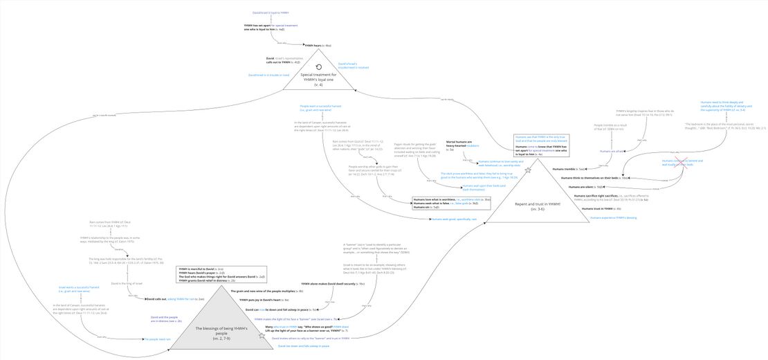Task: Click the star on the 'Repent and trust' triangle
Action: (x=528, y=170)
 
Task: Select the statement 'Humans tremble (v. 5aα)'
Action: (x=569, y=168)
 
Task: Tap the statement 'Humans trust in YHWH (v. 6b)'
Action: (x=601, y=208)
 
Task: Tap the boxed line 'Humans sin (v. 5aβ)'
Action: (x=426, y=207)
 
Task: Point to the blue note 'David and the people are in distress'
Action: (x=165, y=319)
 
